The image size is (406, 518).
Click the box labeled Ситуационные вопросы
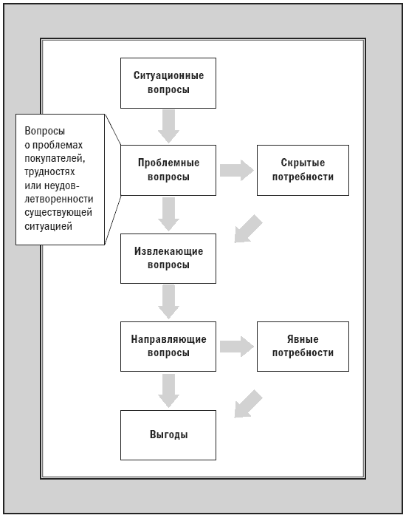[x=168, y=83]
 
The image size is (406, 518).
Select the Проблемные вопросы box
[x=168, y=170]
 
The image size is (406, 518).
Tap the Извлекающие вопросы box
[x=168, y=259]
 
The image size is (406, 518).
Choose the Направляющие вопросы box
[x=168, y=347]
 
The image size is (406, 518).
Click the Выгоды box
[x=168, y=435]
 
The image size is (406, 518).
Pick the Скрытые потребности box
[x=303, y=170]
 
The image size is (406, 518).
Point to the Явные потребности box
[x=303, y=347]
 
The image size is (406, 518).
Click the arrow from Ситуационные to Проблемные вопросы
[x=168, y=126]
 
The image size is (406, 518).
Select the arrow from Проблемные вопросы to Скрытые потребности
[x=237, y=171]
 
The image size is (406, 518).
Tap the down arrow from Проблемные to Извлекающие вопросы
[x=168, y=214]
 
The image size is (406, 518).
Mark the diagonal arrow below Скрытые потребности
[x=247, y=229]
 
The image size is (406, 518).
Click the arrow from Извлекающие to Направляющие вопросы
[x=168, y=302]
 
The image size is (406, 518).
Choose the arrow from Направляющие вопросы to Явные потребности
[x=237, y=347]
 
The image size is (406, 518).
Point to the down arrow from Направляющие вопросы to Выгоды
[x=168, y=391]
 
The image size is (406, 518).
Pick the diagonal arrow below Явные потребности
[x=247, y=404]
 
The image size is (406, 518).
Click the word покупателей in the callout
[x=55, y=159]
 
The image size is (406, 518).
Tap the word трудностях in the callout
[x=50, y=172]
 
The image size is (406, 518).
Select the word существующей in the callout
[x=58, y=212]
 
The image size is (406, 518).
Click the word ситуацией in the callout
[x=48, y=226]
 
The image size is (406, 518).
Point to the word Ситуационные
[x=168, y=75]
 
